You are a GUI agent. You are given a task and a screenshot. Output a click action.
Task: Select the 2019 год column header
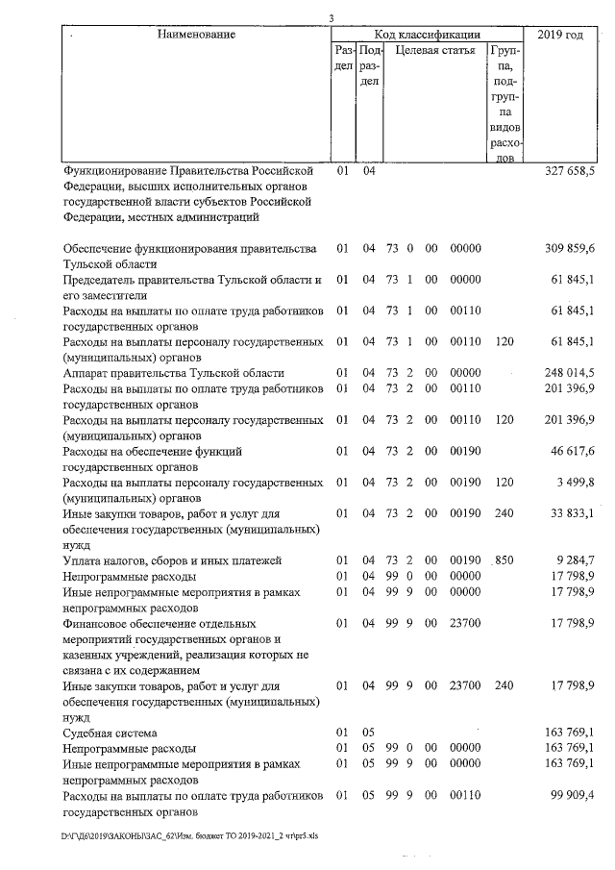[560, 35]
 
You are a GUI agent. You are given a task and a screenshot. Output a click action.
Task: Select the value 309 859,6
[570, 248]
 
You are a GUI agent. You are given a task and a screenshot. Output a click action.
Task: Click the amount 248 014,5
[570, 372]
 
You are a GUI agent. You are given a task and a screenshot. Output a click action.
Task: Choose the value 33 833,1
[573, 512]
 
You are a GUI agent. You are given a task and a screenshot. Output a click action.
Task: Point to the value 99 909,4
[573, 794]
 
